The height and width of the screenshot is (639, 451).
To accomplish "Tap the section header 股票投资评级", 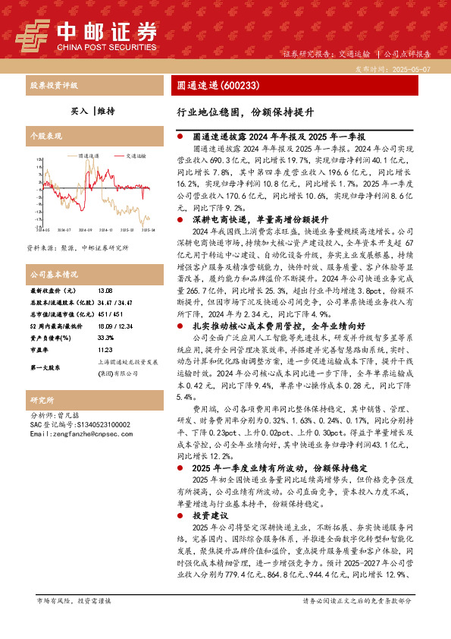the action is pos(55,86).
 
